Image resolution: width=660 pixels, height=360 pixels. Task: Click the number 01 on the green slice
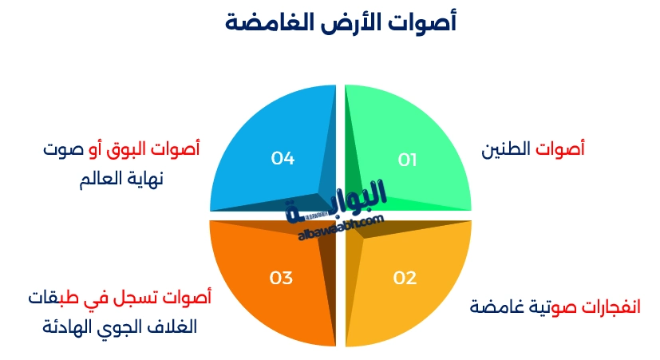(x=408, y=160)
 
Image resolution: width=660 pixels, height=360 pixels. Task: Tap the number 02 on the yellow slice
(x=405, y=278)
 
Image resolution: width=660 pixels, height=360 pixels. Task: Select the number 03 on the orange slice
(x=281, y=278)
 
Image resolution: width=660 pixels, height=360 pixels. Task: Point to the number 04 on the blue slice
(x=283, y=159)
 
